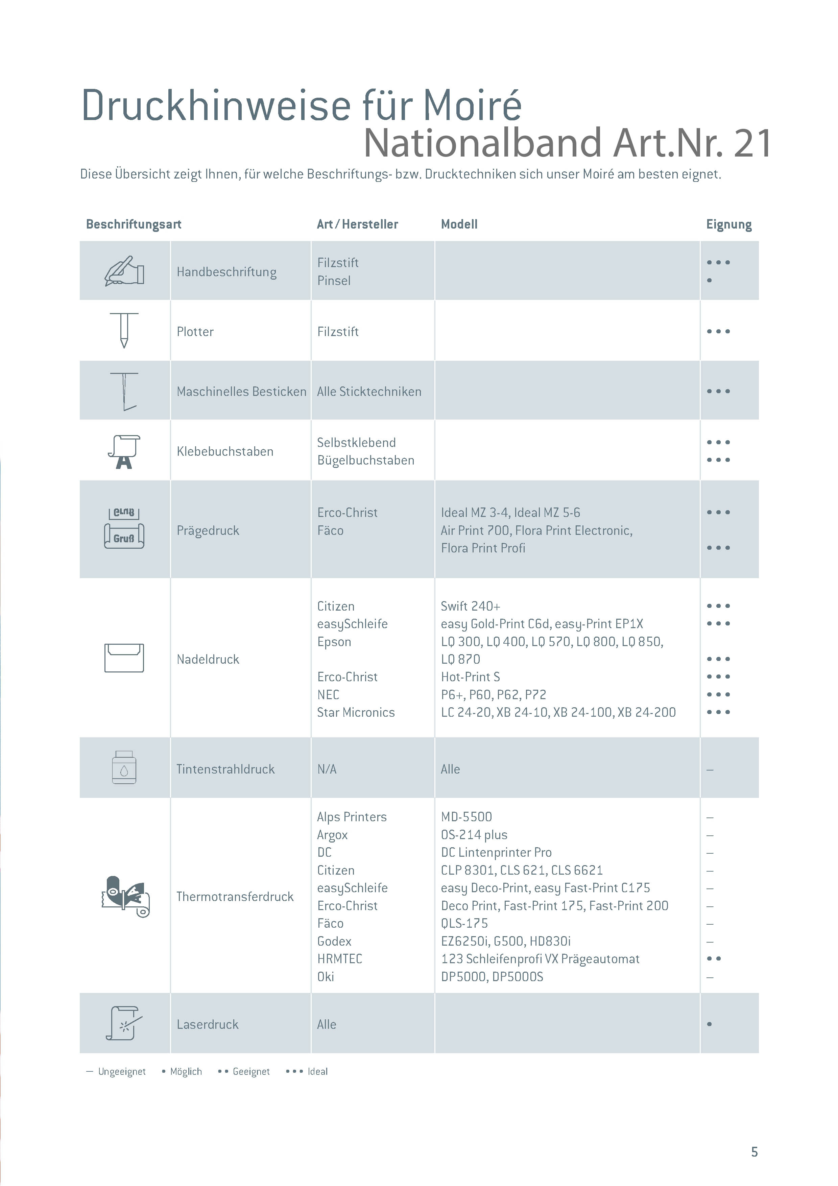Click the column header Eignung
tap(728, 224)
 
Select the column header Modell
tap(459, 224)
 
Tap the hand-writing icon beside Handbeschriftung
tap(124, 271)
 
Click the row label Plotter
tap(195, 332)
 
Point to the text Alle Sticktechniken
tap(369, 392)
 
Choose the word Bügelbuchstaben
tap(365, 460)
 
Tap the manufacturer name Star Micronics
tap(356, 712)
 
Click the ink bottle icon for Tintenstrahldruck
tap(124, 767)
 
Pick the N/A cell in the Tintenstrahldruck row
tap(327, 769)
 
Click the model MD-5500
tap(466, 817)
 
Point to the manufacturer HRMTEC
tap(340, 959)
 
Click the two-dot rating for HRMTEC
tap(714, 959)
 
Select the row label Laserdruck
tap(208, 1024)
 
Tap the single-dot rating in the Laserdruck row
tap(710, 1024)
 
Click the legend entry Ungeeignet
tap(122, 1071)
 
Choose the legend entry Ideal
tap(317, 1071)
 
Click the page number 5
tap(755, 1152)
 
